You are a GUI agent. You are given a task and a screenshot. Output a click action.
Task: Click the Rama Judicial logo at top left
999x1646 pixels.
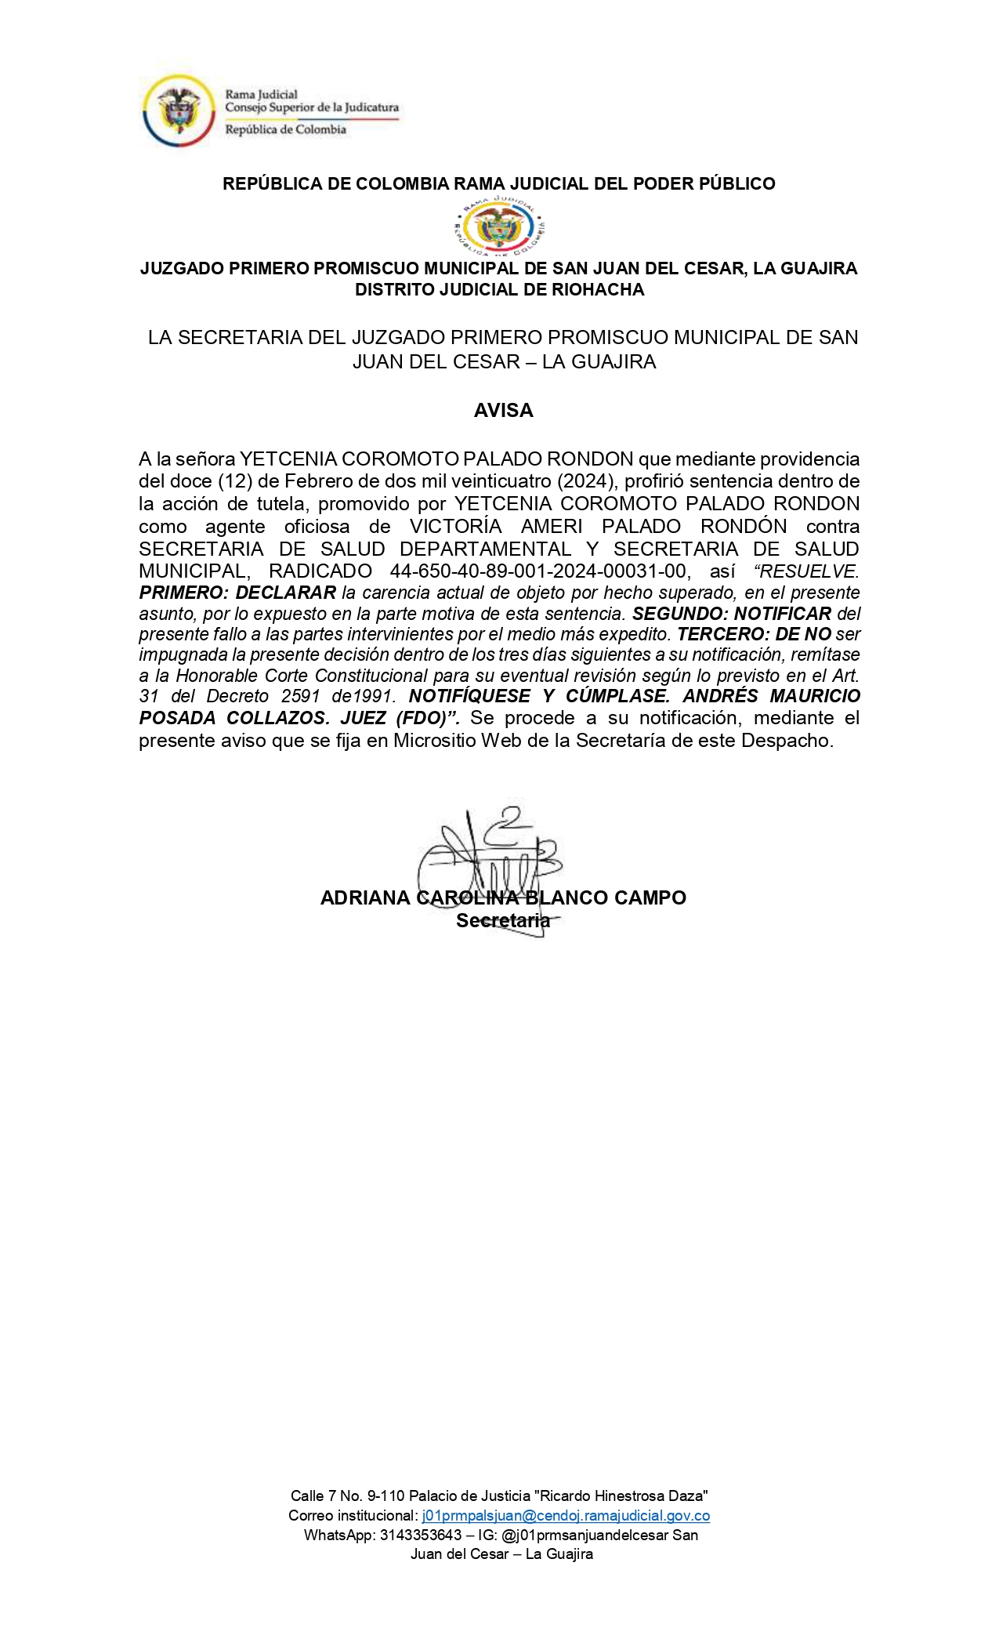[179, 111]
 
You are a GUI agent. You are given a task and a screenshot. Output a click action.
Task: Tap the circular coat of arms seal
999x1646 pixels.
[499, 227]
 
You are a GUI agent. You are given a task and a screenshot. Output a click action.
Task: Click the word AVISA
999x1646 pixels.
[503, 411]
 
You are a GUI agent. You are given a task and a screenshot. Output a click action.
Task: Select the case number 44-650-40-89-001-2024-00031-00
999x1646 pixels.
[538, 571]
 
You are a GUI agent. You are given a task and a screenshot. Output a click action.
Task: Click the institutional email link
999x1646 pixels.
[566, 1516]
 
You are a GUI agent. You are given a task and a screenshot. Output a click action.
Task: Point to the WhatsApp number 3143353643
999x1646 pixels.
[421, 1535]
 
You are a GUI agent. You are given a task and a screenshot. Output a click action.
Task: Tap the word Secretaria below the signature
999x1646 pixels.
[503, 920]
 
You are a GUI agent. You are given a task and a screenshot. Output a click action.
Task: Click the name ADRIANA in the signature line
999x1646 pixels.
[365, 898]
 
